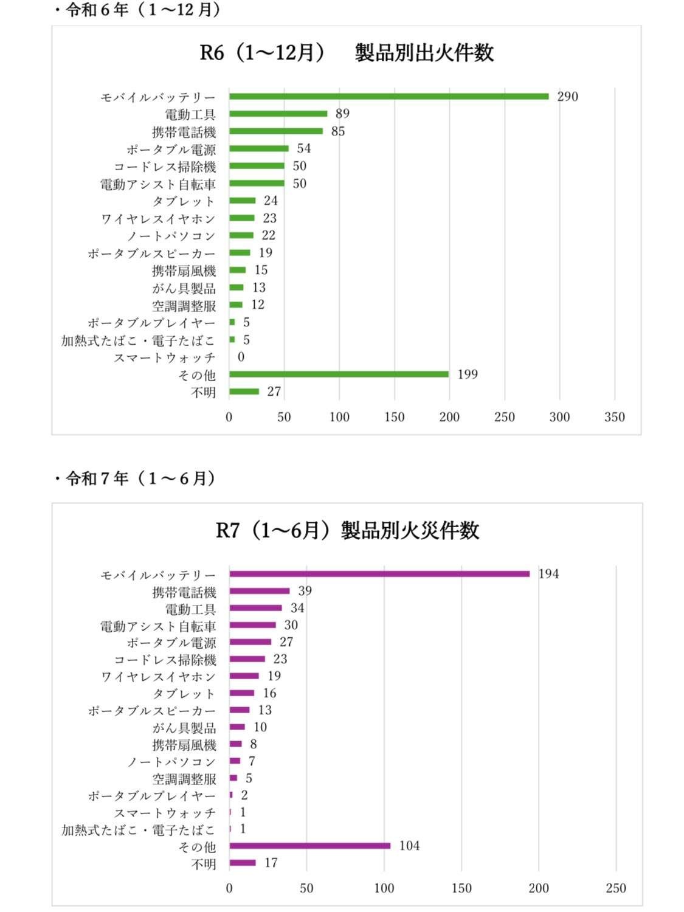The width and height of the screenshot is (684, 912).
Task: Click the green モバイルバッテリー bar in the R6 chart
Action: [x=389, y=96]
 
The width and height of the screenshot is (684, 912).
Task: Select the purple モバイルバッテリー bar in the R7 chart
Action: [x=379, y=573]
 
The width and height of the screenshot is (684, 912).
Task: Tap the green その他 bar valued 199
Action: [x=339, y=374]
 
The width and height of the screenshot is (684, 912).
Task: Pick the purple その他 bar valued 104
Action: [x=310, y=846]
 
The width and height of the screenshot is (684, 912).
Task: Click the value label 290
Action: [x=567, y=97]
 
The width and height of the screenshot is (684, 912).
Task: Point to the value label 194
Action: [x=548, y=574]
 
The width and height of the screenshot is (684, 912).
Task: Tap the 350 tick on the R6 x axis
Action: [x=615, y=417]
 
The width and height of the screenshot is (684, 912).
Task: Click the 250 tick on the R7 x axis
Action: [x=616, y=888]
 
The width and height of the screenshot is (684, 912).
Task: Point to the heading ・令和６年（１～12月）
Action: [x=137, y=10]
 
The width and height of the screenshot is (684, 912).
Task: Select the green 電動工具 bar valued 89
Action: [x=278, y=114]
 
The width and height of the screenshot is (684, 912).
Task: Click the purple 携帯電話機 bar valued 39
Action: [x=260, y=591]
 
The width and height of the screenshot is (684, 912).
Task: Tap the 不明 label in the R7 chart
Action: [x=203, y=863]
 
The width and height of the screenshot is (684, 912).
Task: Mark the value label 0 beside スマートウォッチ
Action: [x=241, y=357]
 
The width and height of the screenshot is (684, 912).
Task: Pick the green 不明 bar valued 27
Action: [x=244, y=392]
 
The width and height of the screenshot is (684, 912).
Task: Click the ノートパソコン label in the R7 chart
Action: [x=171, y=762]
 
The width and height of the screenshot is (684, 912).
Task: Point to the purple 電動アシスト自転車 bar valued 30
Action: [x=252, y=625]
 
